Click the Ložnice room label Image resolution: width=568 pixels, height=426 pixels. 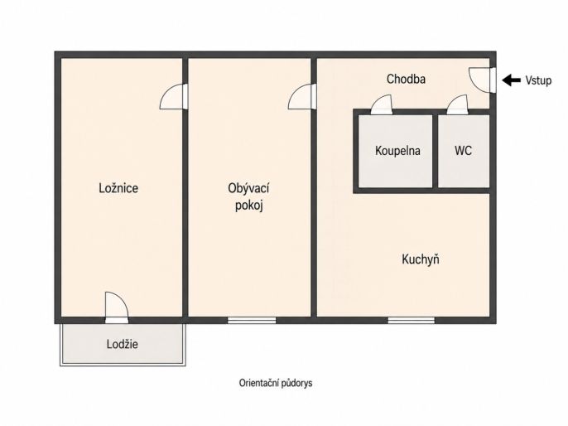click(x=118, y=188)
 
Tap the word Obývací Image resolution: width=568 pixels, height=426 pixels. click(x=248, y=188)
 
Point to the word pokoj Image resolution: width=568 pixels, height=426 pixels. click(x=249, y=206)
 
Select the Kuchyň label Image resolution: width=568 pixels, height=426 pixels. click(x=421, y=259)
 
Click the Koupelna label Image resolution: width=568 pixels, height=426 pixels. click(x=397, y=151)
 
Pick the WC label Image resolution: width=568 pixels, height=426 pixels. click(x=464, y=151)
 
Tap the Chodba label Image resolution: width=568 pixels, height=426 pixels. click(x=406, y=79)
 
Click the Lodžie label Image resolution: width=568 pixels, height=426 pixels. click(x=123, y=344)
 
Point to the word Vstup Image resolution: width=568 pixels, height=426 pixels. click(x=538, y=80)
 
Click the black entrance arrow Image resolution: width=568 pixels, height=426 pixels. click(x=512, y=80)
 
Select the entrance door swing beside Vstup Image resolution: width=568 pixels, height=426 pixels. click(x=482, y=80)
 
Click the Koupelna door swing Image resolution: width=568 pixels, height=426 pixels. click(x=382, y=104)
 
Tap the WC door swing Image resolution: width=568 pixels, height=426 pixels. click(x=458, y=104)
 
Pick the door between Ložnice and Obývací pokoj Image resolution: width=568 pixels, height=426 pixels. click(x=174, y=96)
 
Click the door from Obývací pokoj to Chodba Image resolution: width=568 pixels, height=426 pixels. click(x=302, y=96)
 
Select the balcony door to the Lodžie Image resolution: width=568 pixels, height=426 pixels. click(x=117, y=307)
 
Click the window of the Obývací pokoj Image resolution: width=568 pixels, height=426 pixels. click(x=252, y=320)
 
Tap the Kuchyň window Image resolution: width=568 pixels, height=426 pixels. click(x=412, y=320)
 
